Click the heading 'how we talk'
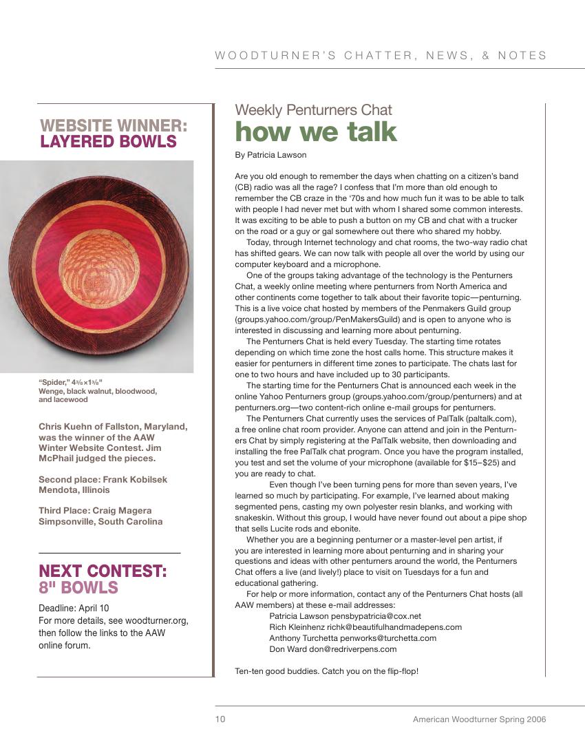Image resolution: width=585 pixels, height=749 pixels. (x=316, y=131)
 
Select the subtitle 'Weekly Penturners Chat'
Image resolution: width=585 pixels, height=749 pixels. (x=313, y=110)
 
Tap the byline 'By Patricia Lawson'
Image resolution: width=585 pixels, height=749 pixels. (x=270, y=155)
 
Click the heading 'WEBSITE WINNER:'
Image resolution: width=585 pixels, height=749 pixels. (x=114, y=126)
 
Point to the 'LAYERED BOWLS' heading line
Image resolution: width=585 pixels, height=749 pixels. (x=108, y=142)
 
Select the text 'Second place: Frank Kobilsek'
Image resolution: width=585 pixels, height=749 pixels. (x=103, y=479)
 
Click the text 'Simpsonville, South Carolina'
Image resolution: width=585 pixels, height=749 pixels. (x=100, y=521)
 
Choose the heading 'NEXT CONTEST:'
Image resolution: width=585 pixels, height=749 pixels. (x=103, y=571)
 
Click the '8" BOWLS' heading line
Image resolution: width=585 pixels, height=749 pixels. (x=78, y=588)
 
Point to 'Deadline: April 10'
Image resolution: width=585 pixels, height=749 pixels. (x=74, y=608)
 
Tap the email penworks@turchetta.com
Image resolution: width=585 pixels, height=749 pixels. (x=388, y=638)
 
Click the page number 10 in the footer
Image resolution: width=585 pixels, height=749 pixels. (x=220, y=719)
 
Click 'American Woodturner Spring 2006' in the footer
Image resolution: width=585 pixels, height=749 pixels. (x=479, y=719)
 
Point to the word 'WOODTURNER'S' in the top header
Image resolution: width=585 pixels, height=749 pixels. (x=276, y=56)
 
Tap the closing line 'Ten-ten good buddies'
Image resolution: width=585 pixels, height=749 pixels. (x=276, y=671)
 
